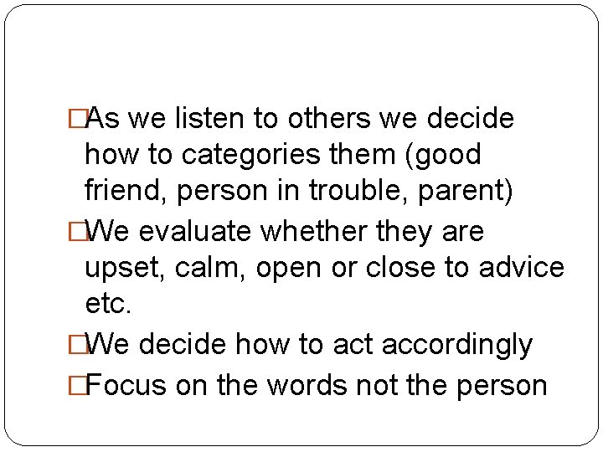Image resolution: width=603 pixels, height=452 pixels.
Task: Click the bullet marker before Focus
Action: coord(79,385)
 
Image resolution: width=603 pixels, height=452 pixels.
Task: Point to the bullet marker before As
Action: coord(79,120)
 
